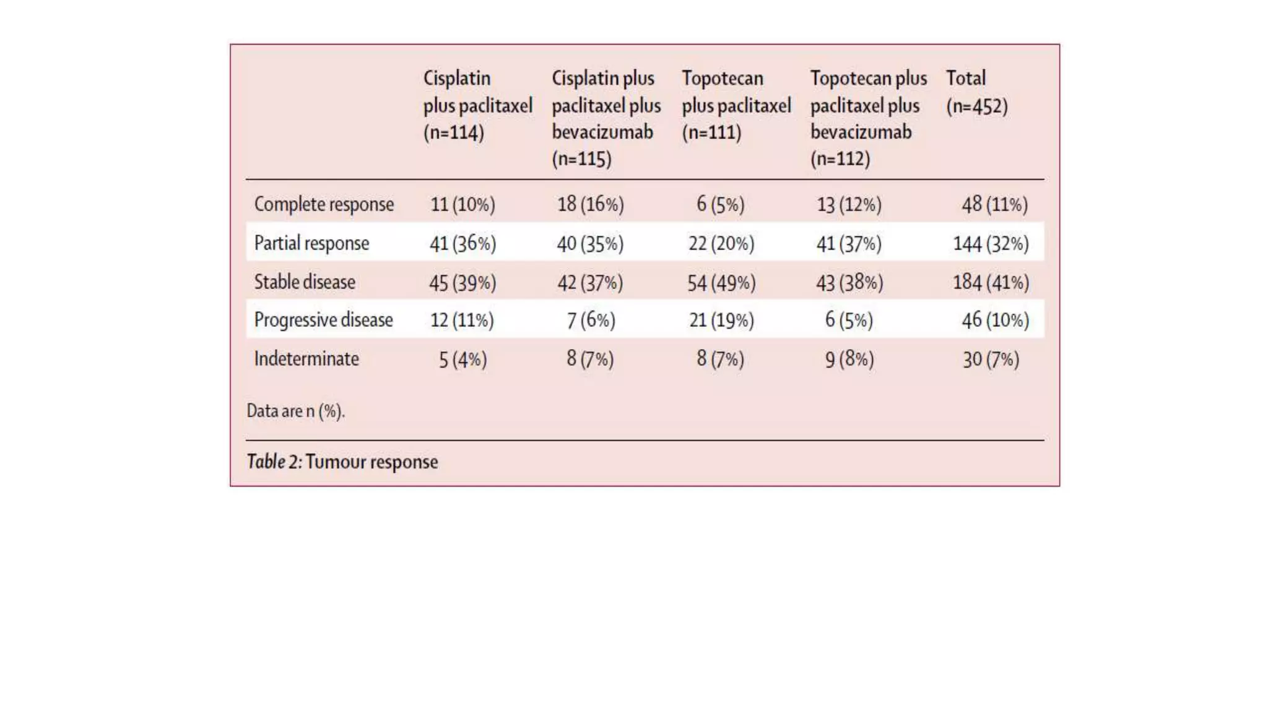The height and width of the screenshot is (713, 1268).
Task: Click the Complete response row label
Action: (324, 204)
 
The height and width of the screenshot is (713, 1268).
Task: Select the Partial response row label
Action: (311, 243)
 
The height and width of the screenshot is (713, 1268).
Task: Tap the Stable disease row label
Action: (305, 282)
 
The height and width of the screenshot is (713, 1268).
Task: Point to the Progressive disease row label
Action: (323, 320)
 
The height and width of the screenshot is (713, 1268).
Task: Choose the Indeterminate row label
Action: (306, 359)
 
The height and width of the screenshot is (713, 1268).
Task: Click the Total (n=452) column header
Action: (976, 92)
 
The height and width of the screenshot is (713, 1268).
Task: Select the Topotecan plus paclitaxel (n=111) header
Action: (736, 105)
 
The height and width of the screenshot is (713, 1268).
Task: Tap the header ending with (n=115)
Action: (606, 118)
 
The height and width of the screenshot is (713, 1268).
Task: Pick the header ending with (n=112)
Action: (868, 118)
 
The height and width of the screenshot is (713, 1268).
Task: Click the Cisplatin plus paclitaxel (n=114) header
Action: (477, 105)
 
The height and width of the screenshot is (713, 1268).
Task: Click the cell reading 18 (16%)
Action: (590, 204)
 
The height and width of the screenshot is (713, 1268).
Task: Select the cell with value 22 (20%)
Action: (721, 243)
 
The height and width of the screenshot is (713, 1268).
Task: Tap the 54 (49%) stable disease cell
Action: (721, 283)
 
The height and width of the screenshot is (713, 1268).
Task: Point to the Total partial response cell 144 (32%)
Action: (991, 244)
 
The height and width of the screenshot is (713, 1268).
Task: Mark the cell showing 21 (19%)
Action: (721, 320)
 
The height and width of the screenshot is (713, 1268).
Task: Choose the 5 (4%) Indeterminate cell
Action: (462, 360)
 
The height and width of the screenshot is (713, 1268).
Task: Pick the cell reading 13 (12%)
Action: (849, 204)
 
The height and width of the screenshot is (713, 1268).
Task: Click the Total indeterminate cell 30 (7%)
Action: (991, 360)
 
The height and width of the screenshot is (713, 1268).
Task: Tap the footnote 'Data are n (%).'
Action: (295, 411)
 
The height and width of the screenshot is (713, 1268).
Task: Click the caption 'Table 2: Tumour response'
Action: (342, 462)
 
